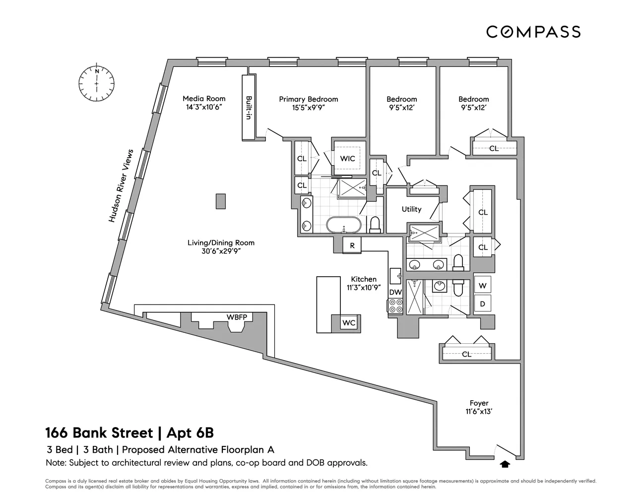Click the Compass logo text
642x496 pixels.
tap(533, 32)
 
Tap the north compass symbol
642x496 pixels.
tap(97, 83)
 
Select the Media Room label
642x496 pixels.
tap(204, 99)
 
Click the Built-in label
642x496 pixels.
tap(249, 108)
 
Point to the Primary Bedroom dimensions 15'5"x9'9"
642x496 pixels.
tap(309, 108)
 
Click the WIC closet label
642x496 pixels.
tap(347, 159)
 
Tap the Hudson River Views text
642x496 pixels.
tap(121, 186)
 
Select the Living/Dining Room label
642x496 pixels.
tap(221, 243)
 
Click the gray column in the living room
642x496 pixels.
tap(221, 201)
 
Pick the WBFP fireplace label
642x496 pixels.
tap(237, 317)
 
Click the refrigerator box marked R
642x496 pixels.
tap(352, 246)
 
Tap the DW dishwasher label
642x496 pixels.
tap(395, 292)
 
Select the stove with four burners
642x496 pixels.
tap(395, 306)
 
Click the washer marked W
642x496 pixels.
tap(482, 285)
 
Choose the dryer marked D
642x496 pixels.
tap(482, 304)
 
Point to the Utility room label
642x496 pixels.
tap(412, 209)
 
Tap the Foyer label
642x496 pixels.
tap(479, 403)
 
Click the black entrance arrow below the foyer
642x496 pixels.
tap(505, 464)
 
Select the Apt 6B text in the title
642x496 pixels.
tap(190, 433)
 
